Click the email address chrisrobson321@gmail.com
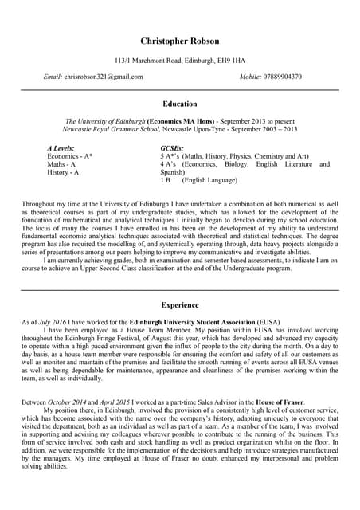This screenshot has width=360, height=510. pyautogui.click(x=104, y=76)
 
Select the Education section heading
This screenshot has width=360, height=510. pyautogui.click(x=179, y=104)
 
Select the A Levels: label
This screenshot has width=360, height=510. pyautogui.click(x=63, y=148)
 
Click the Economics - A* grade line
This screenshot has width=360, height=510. pyautogui.click(x=70, y=156)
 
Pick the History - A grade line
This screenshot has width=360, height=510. pyautogui.click(x=64, y=172)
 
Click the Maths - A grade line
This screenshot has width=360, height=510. pyautogui.click(x=61, y=164)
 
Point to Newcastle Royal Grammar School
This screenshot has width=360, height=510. pyautogui.click(x=112, y=128)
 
